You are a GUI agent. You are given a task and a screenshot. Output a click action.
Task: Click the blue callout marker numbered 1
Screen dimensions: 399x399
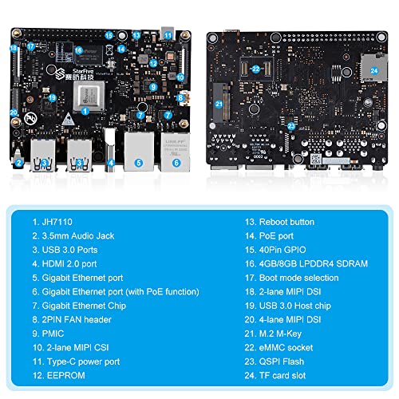pyautogui.click(x=85, y=112)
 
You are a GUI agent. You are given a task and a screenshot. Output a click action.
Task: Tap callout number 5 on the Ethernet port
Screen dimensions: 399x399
pyautogui.click(x=138, y=163)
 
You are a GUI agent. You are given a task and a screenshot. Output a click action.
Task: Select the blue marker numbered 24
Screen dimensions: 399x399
pyautogui.click(x=373, y=69)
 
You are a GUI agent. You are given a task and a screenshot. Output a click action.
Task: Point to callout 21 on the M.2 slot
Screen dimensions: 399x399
pyautogui.click(x=219, y=104)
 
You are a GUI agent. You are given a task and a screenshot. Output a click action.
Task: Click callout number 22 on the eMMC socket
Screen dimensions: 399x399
pyautogui.click(x=255, y=69)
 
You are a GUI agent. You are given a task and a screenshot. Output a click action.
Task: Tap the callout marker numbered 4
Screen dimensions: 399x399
pyautogui.click(x=111, y=163)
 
